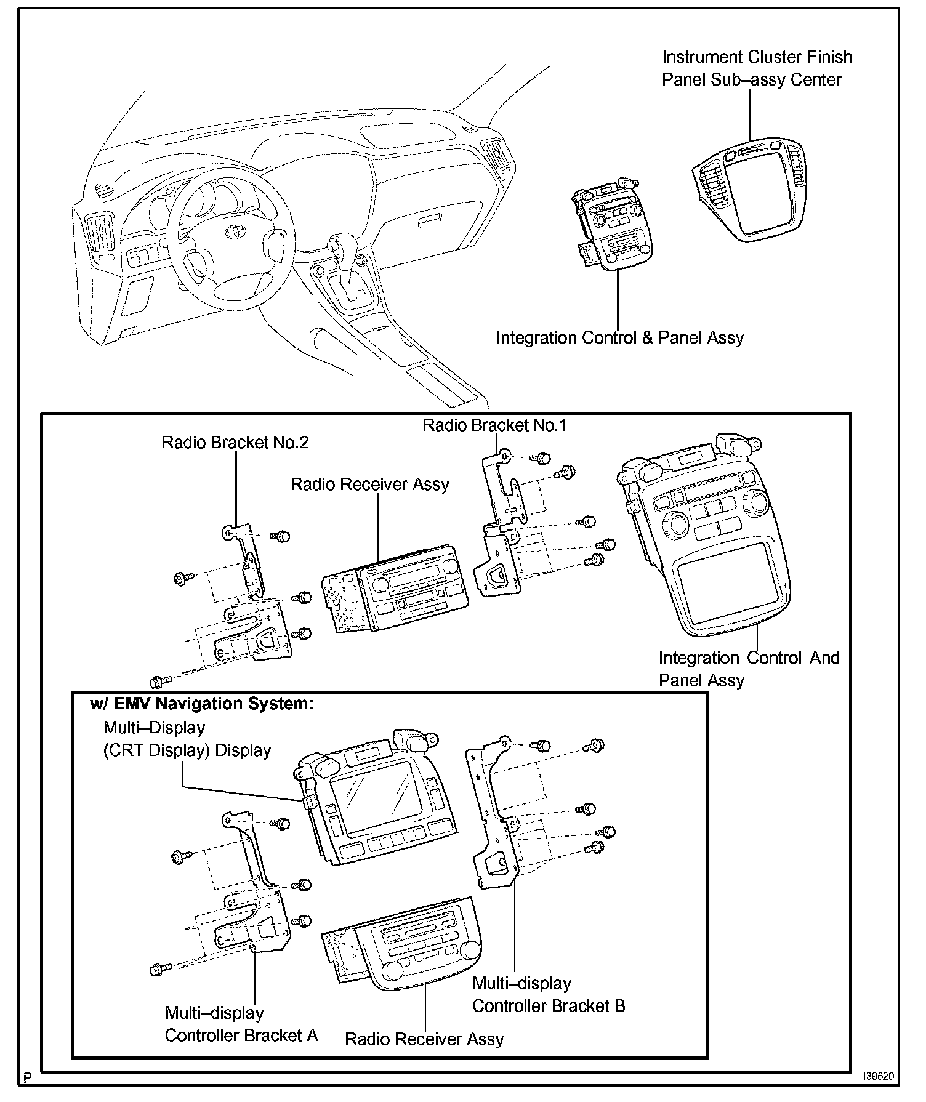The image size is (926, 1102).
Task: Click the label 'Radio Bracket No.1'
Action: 494,425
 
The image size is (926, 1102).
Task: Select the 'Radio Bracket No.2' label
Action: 235,443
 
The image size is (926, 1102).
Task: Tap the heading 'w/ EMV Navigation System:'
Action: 202,704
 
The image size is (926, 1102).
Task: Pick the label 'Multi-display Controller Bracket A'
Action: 241,1024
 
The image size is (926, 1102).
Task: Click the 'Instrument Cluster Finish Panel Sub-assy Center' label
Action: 757,68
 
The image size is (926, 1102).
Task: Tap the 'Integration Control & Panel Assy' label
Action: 620,338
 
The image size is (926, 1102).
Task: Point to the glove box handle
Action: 429,219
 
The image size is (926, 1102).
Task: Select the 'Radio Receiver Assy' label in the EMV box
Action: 424,1039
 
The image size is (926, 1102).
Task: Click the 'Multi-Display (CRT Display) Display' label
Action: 187,739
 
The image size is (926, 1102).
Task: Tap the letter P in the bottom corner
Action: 27,1077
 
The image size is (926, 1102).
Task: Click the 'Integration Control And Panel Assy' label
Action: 749,669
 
